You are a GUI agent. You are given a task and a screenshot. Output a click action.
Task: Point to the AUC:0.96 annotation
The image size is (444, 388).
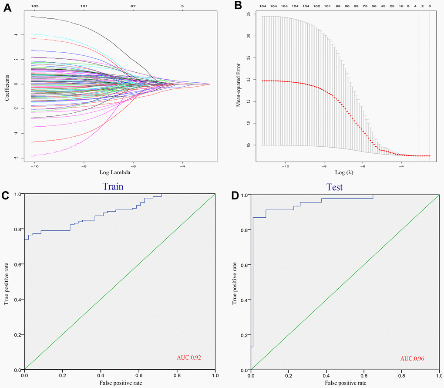(412, 359)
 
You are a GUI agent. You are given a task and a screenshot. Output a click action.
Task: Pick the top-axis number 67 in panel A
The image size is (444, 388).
(133, 6)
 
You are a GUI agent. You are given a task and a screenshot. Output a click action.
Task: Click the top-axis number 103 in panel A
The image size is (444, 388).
(35, 6)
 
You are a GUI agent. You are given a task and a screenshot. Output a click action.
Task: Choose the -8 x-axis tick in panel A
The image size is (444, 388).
(84, 166)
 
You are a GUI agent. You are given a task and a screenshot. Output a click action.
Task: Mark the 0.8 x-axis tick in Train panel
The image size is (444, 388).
(177, 374)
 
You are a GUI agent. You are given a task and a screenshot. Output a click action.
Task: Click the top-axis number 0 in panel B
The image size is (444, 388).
(430, 6)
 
